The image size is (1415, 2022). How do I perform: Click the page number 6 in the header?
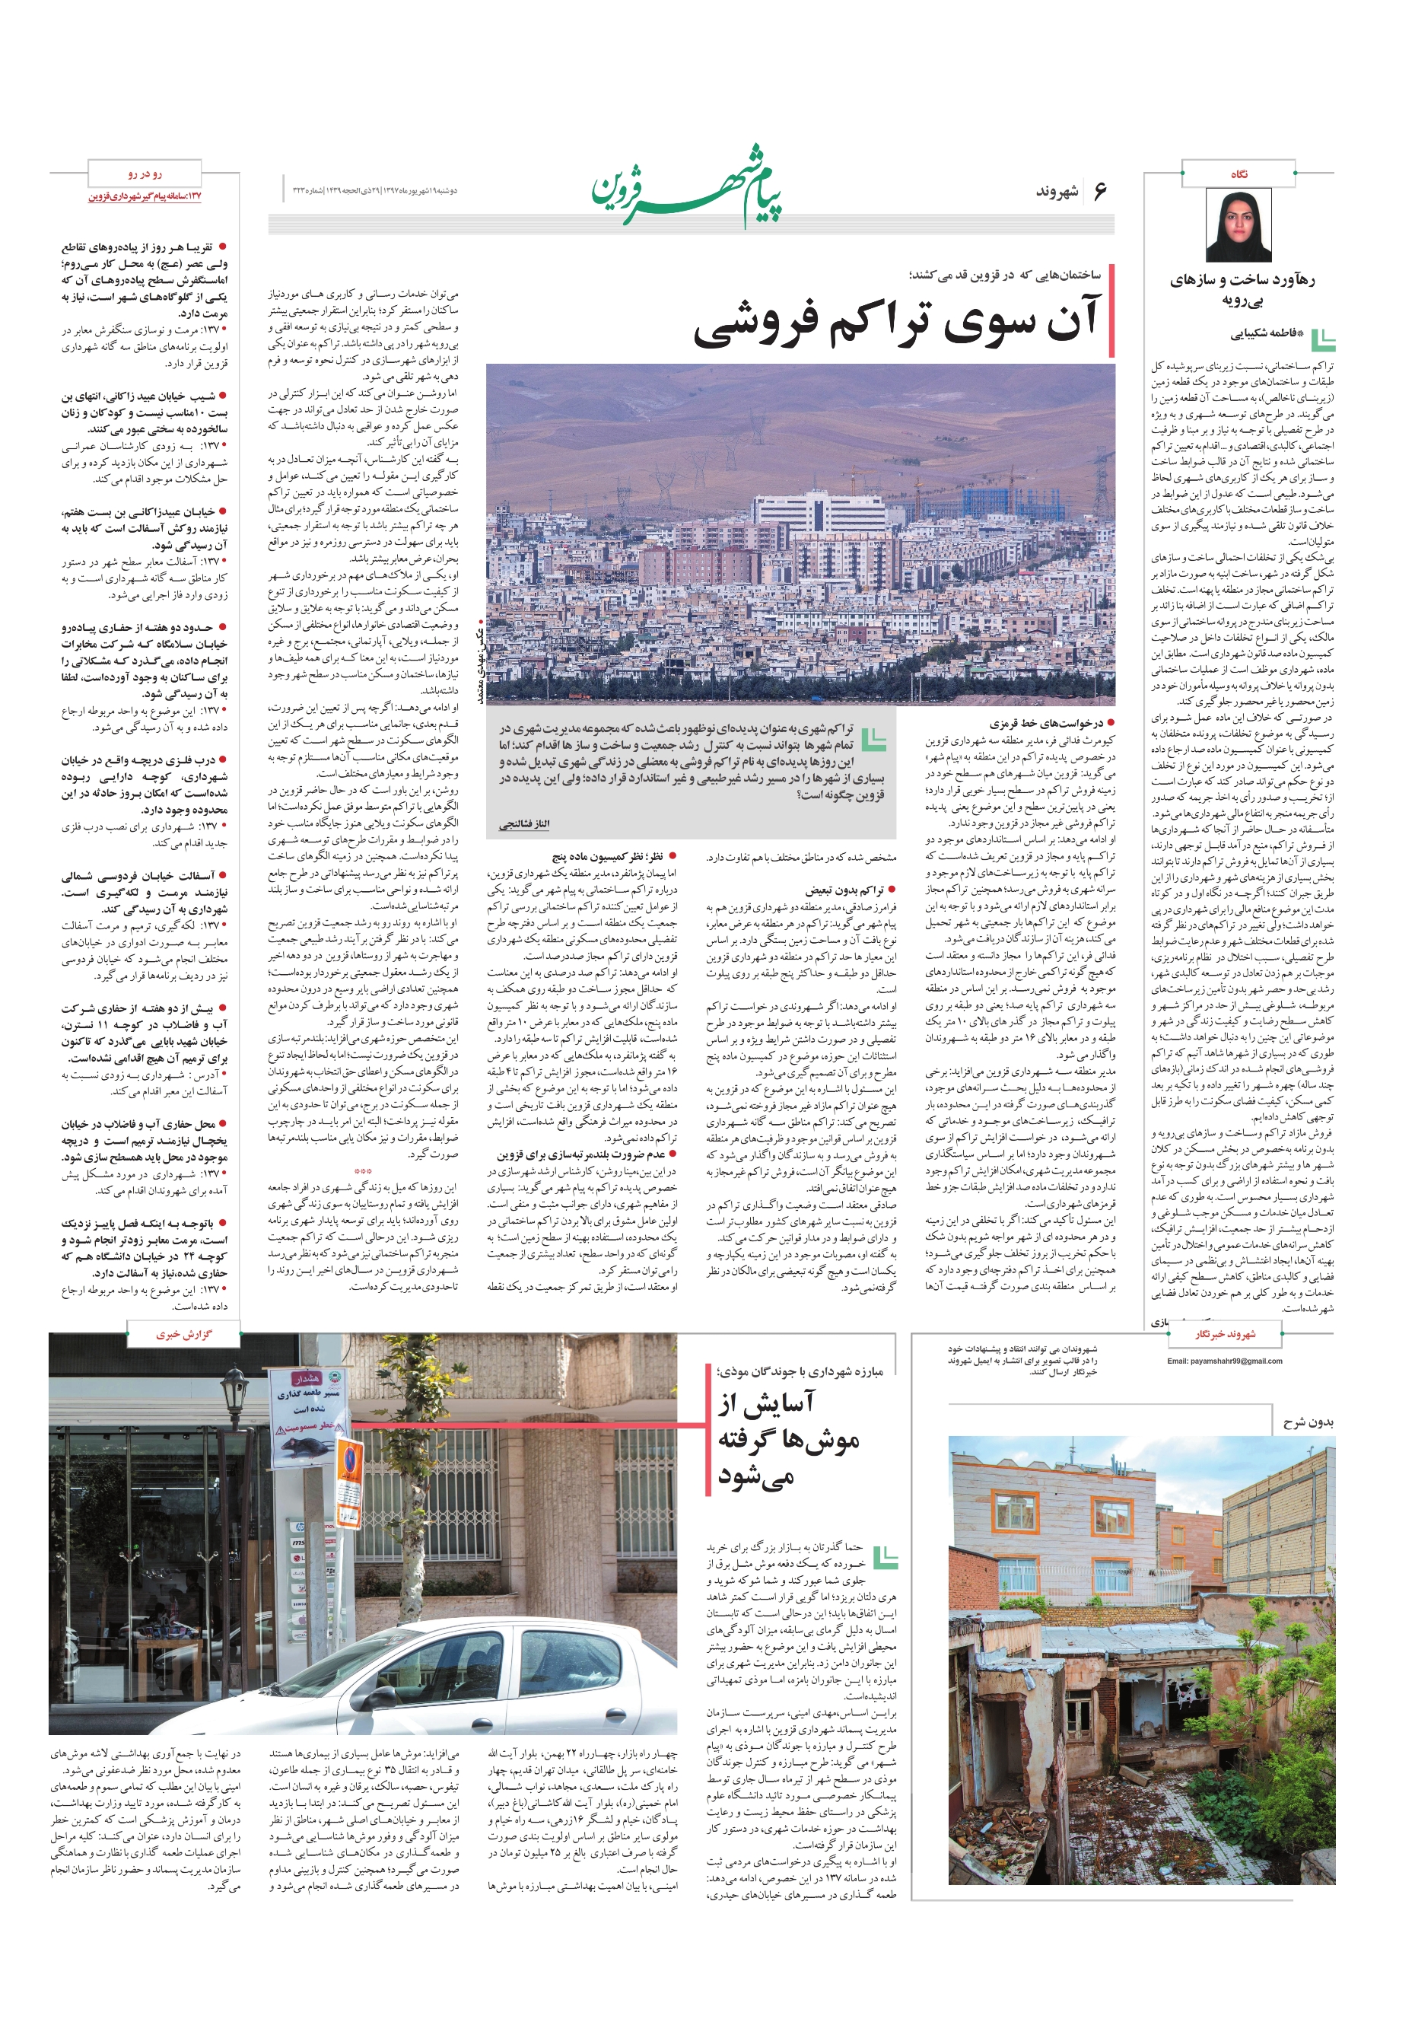point(1099,191)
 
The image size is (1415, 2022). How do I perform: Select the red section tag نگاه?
point(1238,174)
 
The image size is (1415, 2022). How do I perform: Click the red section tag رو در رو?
point(145,174)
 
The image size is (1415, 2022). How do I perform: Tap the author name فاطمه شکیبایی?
point(1263,334)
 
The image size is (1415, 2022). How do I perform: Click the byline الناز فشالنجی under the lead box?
point(526,823)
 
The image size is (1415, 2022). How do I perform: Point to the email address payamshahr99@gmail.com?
point(1224,1361)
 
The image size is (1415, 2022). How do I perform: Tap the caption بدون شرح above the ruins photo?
point(1308,1422)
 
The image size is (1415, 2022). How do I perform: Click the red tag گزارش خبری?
point(183,1334)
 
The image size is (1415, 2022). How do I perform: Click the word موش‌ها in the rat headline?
point(788,1441)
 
